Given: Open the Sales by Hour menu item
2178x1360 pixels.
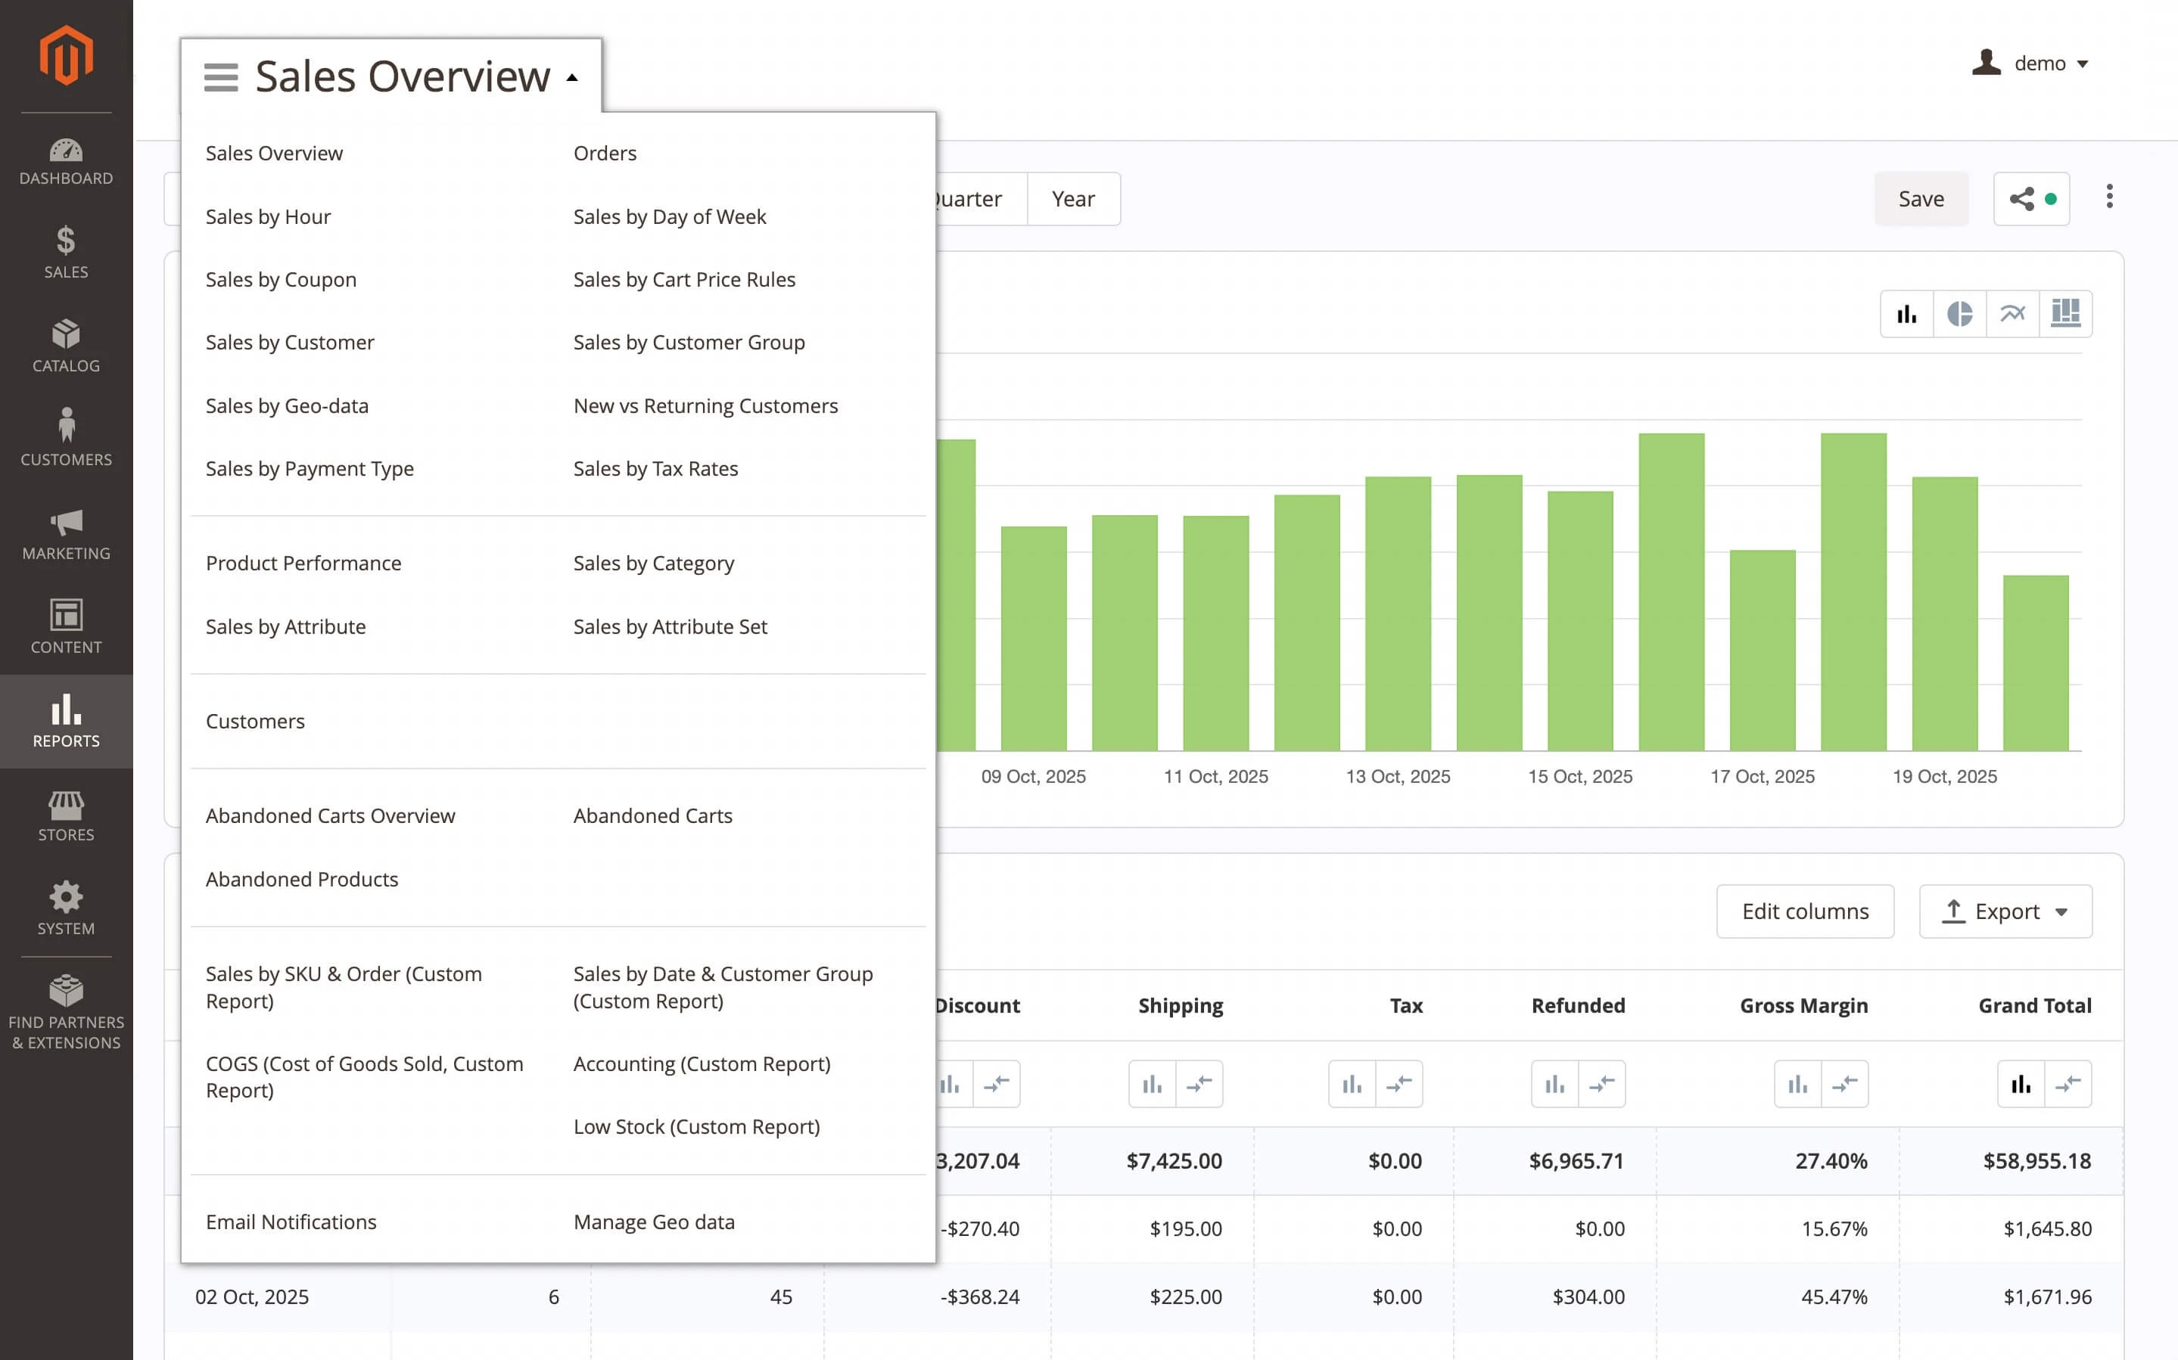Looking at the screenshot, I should pyautogui.click(x=268, y=217).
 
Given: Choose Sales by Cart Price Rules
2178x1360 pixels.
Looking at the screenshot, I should pyautogui.click(x=683, y=280).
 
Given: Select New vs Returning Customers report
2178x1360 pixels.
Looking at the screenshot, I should pyautogui.click(x=705, y=405).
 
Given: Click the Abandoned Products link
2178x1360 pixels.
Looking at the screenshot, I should pyautogui.click(x=301, y=879).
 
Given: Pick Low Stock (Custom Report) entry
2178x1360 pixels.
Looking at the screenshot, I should pyautogui.click(x=696, y=1126).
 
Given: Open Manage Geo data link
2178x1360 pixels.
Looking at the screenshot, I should pyautogui.click(x=654, y=1222).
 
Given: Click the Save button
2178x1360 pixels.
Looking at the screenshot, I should pyautogui.click(x=1920, y=199).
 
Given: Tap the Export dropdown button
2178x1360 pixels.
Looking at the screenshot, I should pyautogui.click(x=2005, y=911).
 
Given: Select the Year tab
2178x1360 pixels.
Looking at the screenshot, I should pyautogui.click(x=1072, y=199).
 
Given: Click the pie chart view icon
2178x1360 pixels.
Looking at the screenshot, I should pyautogui.click(x=1959, y=314).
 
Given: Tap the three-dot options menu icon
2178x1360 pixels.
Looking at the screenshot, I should pyautogui.click(x=2108, y=197).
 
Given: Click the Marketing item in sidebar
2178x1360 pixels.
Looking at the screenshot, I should pyautogui.click(x=66, y=533).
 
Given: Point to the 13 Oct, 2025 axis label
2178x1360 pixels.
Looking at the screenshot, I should pyautogui.click(x=1397, y=776).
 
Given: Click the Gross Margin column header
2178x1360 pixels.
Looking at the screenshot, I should pyautogui.click(x=1803, y=1005).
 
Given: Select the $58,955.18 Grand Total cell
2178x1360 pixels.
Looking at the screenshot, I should pyautogui.click(x=2036, y=1160).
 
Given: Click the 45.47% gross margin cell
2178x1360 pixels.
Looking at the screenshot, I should pyautogui.click(x=1834, y=1296).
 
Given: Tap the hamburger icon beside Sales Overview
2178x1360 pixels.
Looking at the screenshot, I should pyautogui.click(x=220, y=77).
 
